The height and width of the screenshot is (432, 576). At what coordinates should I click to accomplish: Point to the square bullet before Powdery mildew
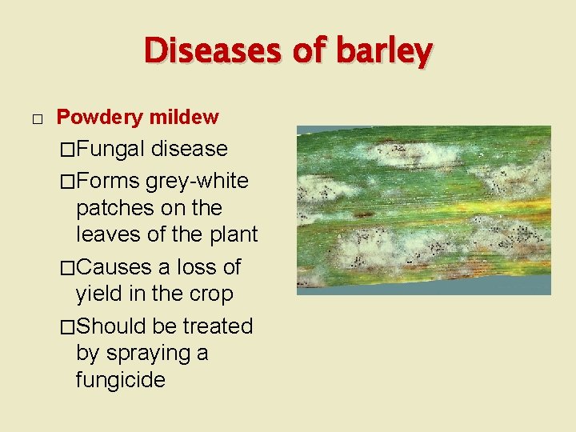[36, 119]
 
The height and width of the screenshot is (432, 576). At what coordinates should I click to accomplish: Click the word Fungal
[111, 149]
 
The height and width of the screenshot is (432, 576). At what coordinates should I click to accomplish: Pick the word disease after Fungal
[190, 149]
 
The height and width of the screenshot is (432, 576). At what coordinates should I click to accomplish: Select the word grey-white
[198, 181]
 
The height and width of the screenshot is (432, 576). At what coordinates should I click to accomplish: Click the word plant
[231, 234]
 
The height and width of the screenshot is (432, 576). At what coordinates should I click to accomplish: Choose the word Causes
[115, 266]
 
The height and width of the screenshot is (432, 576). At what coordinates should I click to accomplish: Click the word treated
[218, 326]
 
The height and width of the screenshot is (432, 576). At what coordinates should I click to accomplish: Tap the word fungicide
[120, 379]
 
